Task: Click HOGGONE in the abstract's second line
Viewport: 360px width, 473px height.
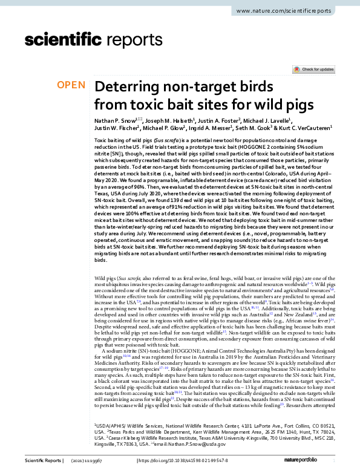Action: [x=252, y=148]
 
